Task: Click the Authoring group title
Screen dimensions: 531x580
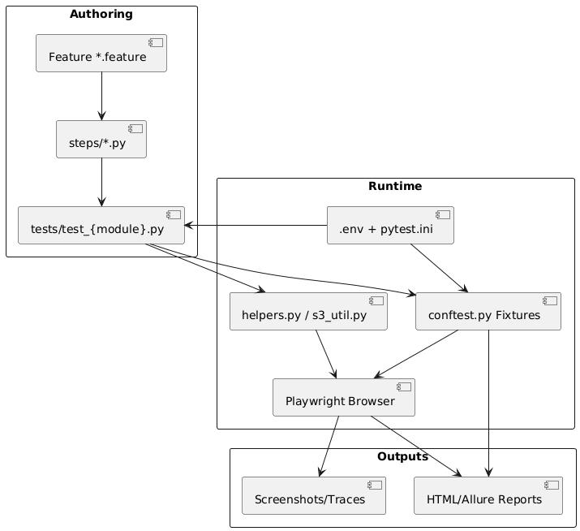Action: [101, 14]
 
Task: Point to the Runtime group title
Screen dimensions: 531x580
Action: [395, 186]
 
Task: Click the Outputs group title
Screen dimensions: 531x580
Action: [402, 456]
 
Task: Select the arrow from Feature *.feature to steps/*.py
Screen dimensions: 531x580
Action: [101, 96]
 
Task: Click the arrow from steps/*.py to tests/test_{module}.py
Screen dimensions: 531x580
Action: [101, 182]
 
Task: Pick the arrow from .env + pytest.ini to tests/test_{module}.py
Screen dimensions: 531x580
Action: [256, 225]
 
